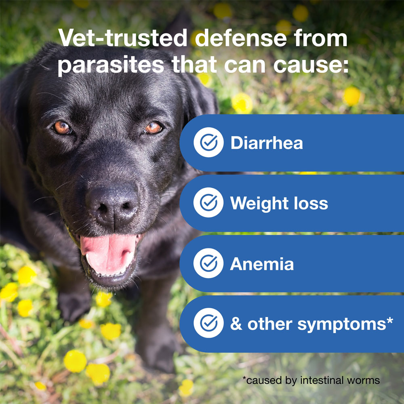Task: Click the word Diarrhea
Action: click(267, 143)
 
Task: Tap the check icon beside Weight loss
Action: click(208, 202)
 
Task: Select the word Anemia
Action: click(262, 264)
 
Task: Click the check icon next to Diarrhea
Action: click(208, 142)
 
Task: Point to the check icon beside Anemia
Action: click(208, 263)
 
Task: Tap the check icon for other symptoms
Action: click(208, 323)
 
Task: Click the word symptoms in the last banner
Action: click(342, 325)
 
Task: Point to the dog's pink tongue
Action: click(108, 254)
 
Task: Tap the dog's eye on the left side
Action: click(62, 128)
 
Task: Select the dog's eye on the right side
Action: click(153, 128)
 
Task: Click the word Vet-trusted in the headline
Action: click(123, 38)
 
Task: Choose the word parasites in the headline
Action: click(111, 65)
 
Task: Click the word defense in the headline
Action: click(241, 38)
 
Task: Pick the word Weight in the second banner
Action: click(259, 204)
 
